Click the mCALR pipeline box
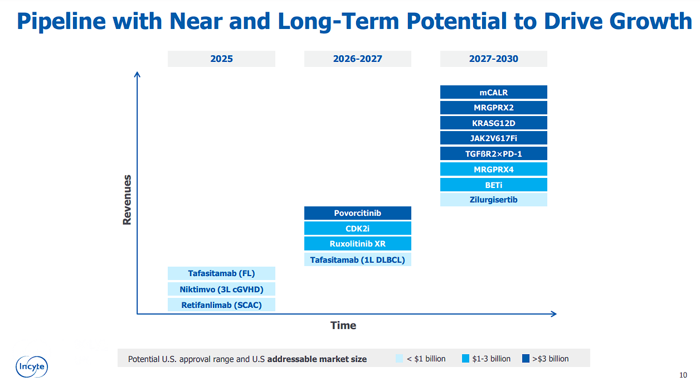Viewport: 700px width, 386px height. coord(493,92)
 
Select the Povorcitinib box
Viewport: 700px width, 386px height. coord(357,213)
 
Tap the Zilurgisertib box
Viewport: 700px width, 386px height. coord(493,199)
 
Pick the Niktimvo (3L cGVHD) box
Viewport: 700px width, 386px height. coord(221,289)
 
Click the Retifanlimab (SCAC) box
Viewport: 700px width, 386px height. coord(221,305)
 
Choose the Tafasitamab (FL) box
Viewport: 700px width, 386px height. coord(221,273)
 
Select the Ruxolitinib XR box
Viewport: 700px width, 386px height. coord(357,244)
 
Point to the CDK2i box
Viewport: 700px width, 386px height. coord(357,228)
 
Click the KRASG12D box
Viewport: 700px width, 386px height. coord(493,123)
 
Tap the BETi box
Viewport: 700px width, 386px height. coord(493,185)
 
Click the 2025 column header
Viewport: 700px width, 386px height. coord(221,59)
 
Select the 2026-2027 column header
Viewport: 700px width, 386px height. coord(357,59)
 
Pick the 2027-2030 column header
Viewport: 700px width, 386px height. coord(493,59)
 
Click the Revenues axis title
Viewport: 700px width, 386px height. coord(127,200)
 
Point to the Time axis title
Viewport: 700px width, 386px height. coord(343,325)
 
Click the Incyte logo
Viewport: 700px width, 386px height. coord(32,366)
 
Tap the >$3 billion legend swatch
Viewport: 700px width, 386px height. coord(526,359)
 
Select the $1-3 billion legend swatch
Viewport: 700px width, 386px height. coord(465,359)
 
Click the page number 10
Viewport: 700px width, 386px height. coord(683,375)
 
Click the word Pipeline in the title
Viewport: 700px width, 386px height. coord(61,21)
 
